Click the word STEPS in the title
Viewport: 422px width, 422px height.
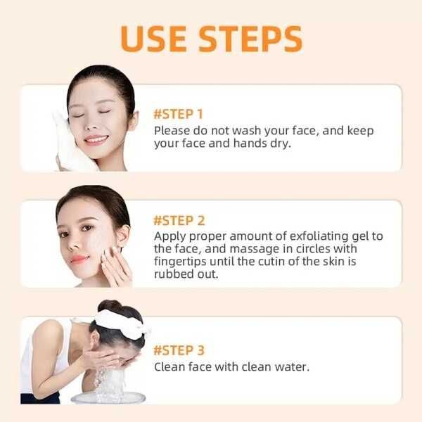250,38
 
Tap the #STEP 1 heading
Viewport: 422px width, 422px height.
179,114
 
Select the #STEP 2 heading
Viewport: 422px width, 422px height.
179,220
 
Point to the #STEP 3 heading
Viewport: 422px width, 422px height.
179,350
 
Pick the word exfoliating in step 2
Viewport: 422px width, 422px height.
300,236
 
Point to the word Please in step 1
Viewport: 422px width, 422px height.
173,131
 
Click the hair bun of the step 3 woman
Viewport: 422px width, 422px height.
109,307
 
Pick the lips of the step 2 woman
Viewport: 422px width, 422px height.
79,260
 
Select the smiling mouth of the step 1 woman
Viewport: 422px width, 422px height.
96,139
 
